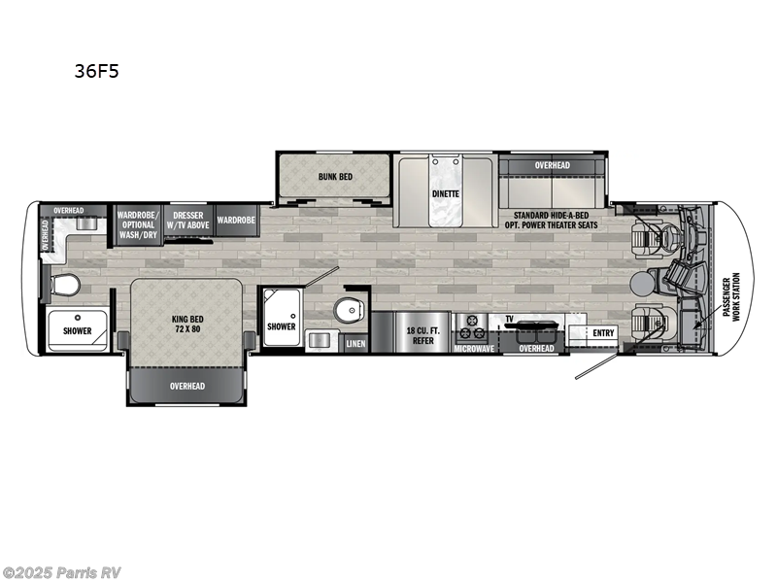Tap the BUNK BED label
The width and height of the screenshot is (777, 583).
335,177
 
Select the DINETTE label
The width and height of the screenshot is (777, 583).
446,193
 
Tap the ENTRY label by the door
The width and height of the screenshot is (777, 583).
604,333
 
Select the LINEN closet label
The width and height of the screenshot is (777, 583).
355,343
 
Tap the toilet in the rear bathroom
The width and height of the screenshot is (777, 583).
65,287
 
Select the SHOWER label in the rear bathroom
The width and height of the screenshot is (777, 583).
78,331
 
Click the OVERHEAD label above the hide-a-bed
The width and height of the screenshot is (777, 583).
553,166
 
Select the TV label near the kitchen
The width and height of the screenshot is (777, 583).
508,318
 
